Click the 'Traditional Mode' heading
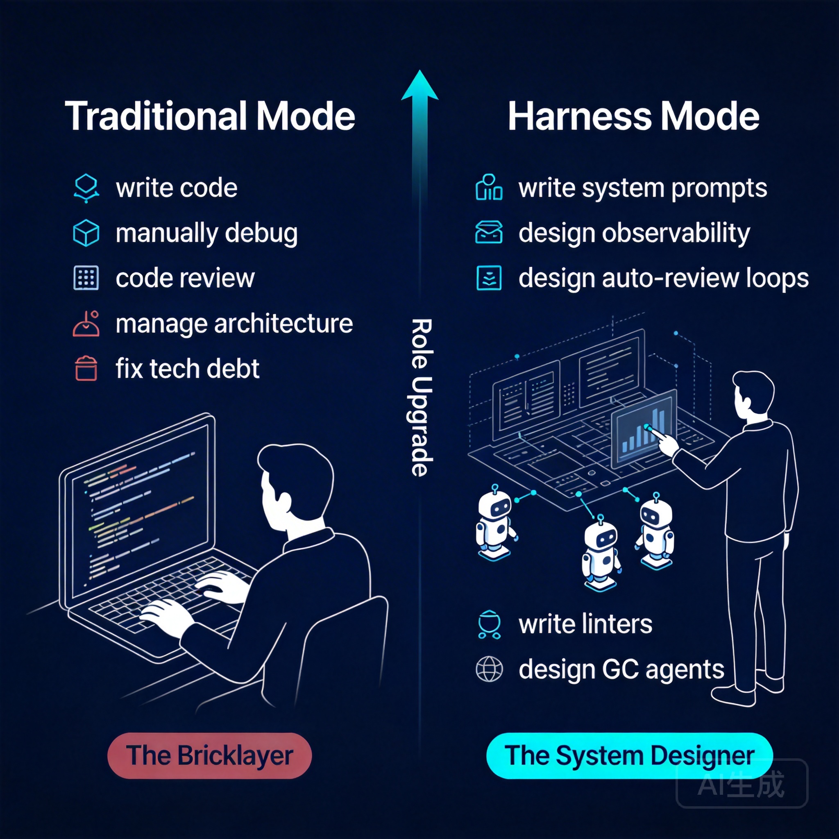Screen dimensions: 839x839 (210, 116)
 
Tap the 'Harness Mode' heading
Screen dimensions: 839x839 (633, 116)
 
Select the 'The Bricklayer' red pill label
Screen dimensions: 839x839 (209, 755)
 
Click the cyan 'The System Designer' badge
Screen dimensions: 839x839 (629, 755)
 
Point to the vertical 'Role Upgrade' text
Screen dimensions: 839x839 (421, 397)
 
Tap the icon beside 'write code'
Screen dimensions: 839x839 (86, 188)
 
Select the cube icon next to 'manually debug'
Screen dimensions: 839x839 (86, 233)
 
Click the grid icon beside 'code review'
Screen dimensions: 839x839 (86, 278)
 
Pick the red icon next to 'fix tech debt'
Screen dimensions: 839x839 (86, 369)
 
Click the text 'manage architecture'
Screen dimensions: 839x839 (234, 324)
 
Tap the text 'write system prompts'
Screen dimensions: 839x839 (643, 188)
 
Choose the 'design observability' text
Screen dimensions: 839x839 (634, 233)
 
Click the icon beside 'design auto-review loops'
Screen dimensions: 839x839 (489, 278)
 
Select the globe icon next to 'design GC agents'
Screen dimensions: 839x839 (489, 669)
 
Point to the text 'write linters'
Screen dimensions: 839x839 (585, 624)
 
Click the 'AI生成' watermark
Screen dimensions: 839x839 (742, 784)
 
